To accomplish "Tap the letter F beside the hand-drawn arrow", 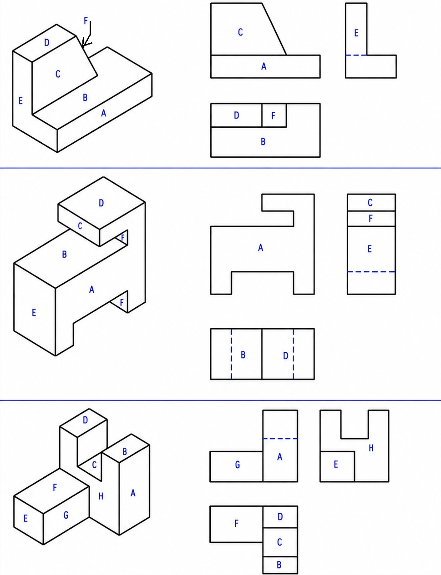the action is coord(86,20).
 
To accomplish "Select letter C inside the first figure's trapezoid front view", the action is coord(240,32).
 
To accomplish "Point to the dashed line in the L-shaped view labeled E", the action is coord(356,55).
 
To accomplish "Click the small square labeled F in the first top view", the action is coord(274,115).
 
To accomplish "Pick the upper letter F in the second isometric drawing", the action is coord(122,238).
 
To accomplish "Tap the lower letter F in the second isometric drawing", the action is coord(122,302).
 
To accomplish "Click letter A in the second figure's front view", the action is coord(261,248).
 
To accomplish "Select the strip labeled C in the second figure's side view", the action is coord(371,202).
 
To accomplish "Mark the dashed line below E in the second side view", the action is coord(371,271).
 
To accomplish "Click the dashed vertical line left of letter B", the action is coord(232,354).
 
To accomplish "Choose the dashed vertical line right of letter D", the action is coord(294,354).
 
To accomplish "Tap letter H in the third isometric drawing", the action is coord(101,496).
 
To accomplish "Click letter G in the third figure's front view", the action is coord(238,465).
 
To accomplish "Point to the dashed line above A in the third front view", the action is coord(280,439).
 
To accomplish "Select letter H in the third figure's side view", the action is coord(371,448).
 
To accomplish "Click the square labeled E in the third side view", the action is coord(337,466).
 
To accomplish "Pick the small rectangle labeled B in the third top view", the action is coord(280,565).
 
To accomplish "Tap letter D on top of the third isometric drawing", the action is coord(85,420).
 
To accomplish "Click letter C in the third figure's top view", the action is coord(279,542).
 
